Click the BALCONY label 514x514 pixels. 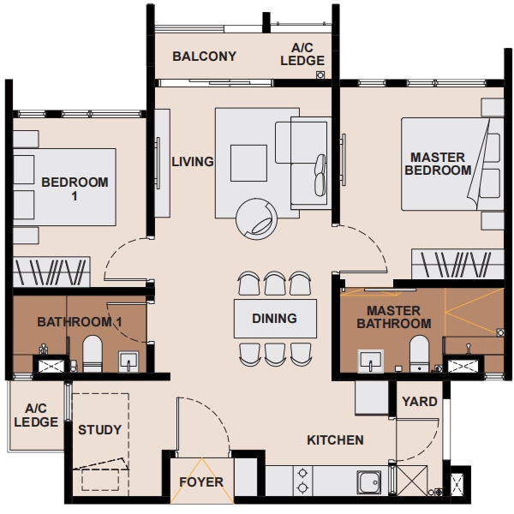click(204, 57)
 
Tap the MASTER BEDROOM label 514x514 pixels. click(438, 164)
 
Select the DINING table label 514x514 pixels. click(275, 319)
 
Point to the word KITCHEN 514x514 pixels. click(335, 440)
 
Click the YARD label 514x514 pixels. click(420, 402)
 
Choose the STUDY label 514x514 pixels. click(99, 430)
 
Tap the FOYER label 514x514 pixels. click(201, 481)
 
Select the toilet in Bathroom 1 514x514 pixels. click(93, 354)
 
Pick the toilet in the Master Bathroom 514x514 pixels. click(419, 354)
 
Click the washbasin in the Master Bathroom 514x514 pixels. click(371, 362)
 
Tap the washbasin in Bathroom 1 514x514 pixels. click(128, 362)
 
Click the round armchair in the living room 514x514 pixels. click(256, 219)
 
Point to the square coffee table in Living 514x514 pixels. click(248, 163)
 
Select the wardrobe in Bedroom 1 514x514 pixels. click(51, 272)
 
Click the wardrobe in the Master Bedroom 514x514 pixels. click(457, 264)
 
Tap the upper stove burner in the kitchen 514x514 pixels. click(302, 474)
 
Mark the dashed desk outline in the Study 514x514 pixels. click(100, 480)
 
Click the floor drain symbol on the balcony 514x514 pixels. click(320, 75)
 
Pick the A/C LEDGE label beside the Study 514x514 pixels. click(36, 415)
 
